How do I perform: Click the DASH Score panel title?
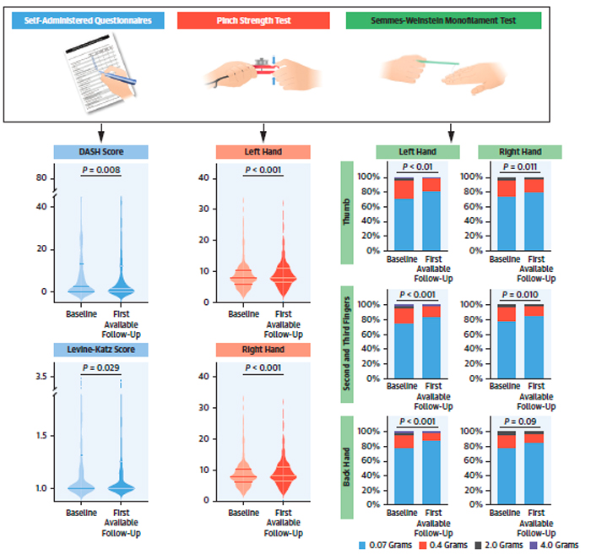tap(100, 152)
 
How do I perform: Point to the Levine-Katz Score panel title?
tap(100, 350)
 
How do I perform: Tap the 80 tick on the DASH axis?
tap(41, 178)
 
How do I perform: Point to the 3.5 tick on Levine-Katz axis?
tap(40, 376)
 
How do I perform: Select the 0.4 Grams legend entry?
tap(446, 546)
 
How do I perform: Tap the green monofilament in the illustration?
tap(435, 61)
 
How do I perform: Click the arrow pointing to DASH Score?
tap(100, 132)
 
